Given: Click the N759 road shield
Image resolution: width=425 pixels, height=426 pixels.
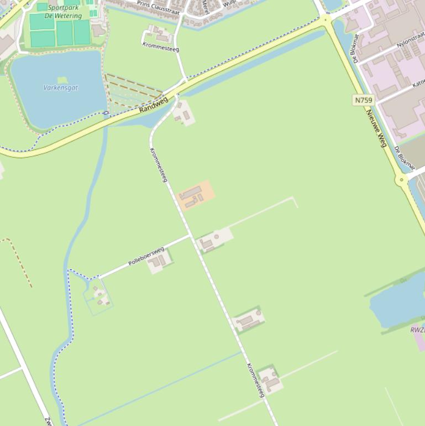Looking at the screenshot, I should coord(363,100).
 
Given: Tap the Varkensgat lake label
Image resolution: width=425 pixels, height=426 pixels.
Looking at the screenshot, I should coord(61,87).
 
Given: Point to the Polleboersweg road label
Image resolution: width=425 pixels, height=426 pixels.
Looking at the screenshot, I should coord(146,257).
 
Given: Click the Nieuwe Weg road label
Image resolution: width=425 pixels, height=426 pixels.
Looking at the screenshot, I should coord(375,128).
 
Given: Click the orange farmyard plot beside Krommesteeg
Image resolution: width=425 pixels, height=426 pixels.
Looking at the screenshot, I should coord(195,195).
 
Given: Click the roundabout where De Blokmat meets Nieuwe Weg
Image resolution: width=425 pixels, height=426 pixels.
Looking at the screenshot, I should coord(400,179).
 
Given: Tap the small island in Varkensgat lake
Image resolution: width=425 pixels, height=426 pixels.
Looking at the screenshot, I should coord(62,80).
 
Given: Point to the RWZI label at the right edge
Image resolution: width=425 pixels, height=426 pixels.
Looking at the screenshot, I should coord(418,330).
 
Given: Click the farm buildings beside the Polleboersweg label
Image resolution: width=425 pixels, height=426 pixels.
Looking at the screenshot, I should coord(158,262).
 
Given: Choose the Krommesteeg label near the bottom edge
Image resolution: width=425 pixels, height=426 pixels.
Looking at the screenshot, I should coord(256,380).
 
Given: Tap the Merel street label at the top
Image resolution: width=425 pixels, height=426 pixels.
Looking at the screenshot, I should coord(205,7).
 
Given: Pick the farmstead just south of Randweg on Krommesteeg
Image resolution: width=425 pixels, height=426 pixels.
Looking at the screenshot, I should coord(183,113).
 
